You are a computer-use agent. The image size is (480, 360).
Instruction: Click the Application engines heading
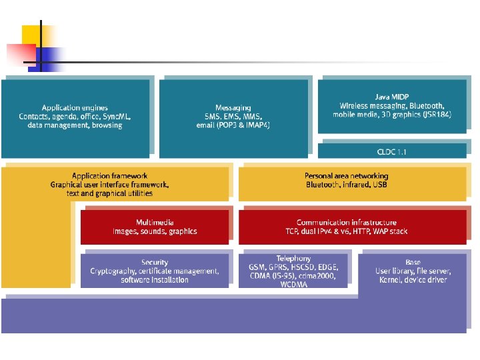(75, 108)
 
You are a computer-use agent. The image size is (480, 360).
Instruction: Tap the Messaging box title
(233, 107)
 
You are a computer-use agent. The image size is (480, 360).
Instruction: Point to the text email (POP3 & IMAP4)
(233, 125)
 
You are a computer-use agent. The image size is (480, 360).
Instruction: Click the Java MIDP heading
(392, 97)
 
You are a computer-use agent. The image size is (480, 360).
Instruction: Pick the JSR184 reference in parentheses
(436, 115)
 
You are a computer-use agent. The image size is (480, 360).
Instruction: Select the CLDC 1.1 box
(391, 151)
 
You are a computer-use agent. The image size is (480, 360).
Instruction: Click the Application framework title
(109, 176)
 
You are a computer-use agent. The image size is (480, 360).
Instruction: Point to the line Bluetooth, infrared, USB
(346, 185)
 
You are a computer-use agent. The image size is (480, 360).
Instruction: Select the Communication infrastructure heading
(346, 223)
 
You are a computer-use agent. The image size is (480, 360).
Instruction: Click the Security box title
(155, 263)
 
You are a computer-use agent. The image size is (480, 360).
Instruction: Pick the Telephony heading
(293, 259)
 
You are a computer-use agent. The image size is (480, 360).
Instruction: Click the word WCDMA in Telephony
(293, 285)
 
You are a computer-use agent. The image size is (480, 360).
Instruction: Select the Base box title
(413, 263)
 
